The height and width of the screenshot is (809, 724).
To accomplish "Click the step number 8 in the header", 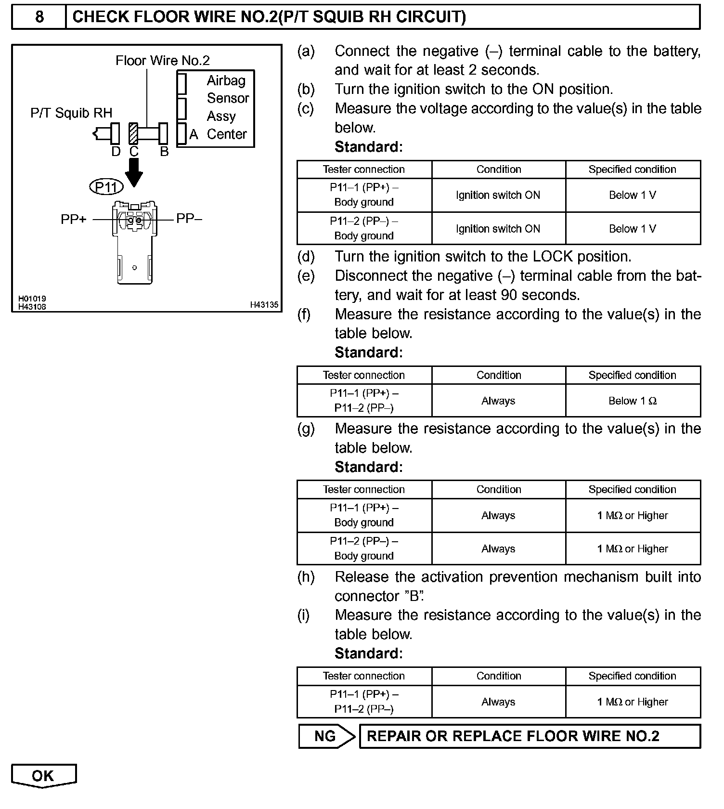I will point(39,17).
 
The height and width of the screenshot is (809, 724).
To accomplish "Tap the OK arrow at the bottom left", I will point(43,775).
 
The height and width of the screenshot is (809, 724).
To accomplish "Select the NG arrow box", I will point(326,736).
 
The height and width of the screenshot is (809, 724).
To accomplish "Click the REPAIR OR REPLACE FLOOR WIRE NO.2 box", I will point(530,736).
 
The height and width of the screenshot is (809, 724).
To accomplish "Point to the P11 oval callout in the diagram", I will point(106,186).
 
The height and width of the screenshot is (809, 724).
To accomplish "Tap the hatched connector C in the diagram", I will point(133,133).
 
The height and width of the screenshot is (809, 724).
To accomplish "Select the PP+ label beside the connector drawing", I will point(73,219).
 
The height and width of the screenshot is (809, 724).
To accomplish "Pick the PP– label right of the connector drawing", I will point(189,219).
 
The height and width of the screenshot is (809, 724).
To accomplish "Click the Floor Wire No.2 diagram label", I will point(163,61).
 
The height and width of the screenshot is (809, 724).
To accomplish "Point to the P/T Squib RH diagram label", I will point(71,113).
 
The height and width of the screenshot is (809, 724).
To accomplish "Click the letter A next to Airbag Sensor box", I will point(194,134).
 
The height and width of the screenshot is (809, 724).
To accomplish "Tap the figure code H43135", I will point(264,305).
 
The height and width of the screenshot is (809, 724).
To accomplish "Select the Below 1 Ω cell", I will point(633,401).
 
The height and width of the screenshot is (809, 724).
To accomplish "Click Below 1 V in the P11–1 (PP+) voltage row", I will point(633,195).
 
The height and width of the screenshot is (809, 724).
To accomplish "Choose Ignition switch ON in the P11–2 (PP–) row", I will point(498,229).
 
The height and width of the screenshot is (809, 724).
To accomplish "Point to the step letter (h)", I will point(306,577).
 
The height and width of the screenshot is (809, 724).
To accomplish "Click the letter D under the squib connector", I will point(116,152).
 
